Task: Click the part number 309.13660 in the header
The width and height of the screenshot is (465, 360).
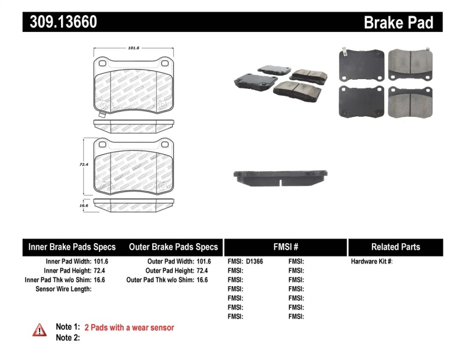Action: [60, 22]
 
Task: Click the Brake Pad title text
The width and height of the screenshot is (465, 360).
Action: [398, 22]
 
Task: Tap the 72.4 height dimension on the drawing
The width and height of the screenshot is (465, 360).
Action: [83, 165]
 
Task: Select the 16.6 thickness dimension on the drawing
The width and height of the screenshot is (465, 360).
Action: [83, 205]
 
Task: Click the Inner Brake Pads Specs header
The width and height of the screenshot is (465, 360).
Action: [72, 247]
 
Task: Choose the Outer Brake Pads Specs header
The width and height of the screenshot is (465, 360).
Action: [173, 247]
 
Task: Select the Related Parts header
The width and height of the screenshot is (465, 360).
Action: [395, 247]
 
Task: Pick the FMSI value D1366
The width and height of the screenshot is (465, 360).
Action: [255, 262]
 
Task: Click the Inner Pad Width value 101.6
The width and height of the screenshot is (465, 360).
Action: [102, 262]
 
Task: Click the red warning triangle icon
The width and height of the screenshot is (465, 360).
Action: [40, 330]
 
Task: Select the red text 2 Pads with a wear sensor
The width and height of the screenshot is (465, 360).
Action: [129, 327]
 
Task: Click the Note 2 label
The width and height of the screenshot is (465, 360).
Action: [67, 337]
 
